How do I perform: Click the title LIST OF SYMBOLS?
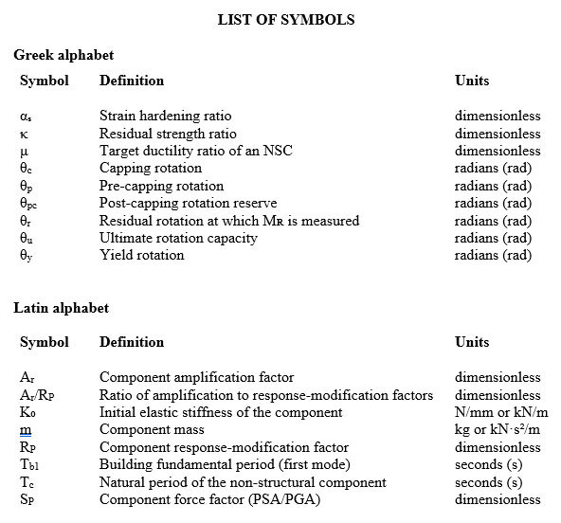coord(285,20)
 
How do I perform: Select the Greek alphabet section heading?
coord(63,56)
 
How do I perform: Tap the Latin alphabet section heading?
coord(61,308)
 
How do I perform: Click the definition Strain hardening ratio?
coord(165,117)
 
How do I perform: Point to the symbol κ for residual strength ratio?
coord(25,135)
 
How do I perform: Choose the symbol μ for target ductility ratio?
coord(25,152)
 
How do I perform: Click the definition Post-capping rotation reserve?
coord(188,204)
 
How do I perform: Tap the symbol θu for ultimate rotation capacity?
coord(27,239)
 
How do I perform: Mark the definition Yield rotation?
coord(142,256)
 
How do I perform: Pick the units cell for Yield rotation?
coord(493,256)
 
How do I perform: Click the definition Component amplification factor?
coord(196,378)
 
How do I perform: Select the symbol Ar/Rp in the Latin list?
coord(34,396)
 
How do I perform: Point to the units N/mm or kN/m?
coord(501,413)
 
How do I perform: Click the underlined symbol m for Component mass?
coord(26,431)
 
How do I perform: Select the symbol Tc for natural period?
coord(27,483)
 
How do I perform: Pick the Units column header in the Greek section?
coord(472,81)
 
